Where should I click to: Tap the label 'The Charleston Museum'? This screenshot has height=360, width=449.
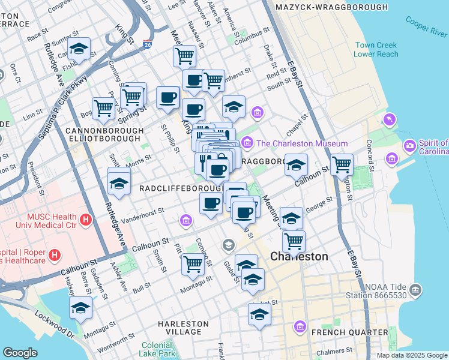302,143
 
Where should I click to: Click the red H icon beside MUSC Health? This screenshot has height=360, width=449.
86,220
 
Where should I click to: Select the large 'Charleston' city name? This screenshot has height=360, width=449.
299,256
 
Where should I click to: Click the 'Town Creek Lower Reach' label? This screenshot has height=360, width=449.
376,50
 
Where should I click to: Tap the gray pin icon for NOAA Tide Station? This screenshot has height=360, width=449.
415,290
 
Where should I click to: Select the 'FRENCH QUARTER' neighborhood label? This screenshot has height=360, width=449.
349,332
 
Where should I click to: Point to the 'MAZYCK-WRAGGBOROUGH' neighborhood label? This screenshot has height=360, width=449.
331,7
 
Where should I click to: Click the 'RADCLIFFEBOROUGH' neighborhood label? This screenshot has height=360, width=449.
173,188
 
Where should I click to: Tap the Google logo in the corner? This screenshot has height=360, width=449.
20,353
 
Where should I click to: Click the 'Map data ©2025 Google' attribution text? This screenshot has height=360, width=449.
411,355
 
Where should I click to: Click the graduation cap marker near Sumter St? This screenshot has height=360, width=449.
78,48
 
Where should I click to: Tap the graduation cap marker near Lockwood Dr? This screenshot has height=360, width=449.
80,307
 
